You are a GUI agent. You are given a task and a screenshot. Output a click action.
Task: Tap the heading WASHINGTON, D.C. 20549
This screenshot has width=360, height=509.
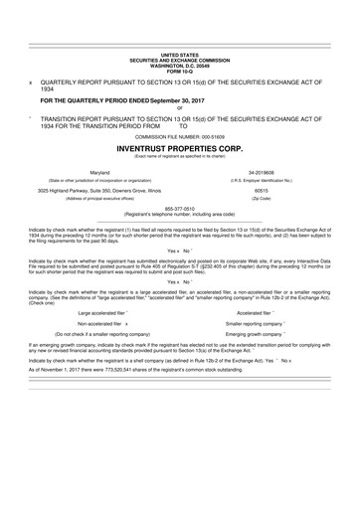pos(180,64)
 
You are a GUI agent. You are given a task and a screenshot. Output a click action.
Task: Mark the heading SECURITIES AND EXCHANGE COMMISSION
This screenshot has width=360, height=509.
pos(180,59)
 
